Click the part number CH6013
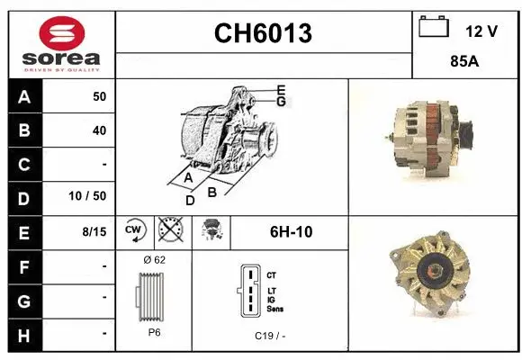click(263, 34)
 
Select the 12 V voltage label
click(481, 31)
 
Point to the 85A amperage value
click(463, 63)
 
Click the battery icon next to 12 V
click(434, 28)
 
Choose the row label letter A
click(23, 96)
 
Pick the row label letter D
click(23, 197)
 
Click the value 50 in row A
click(99, 96)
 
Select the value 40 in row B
click(99, 130)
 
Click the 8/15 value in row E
click(94, 231)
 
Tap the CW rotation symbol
click(133, 231)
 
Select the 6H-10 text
click(291, 231)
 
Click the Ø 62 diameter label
click(154, 259)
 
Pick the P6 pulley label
click(154, 332)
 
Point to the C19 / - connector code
click(270, 335)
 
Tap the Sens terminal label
click(275, 308)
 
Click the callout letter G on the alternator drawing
click(281, 102)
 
